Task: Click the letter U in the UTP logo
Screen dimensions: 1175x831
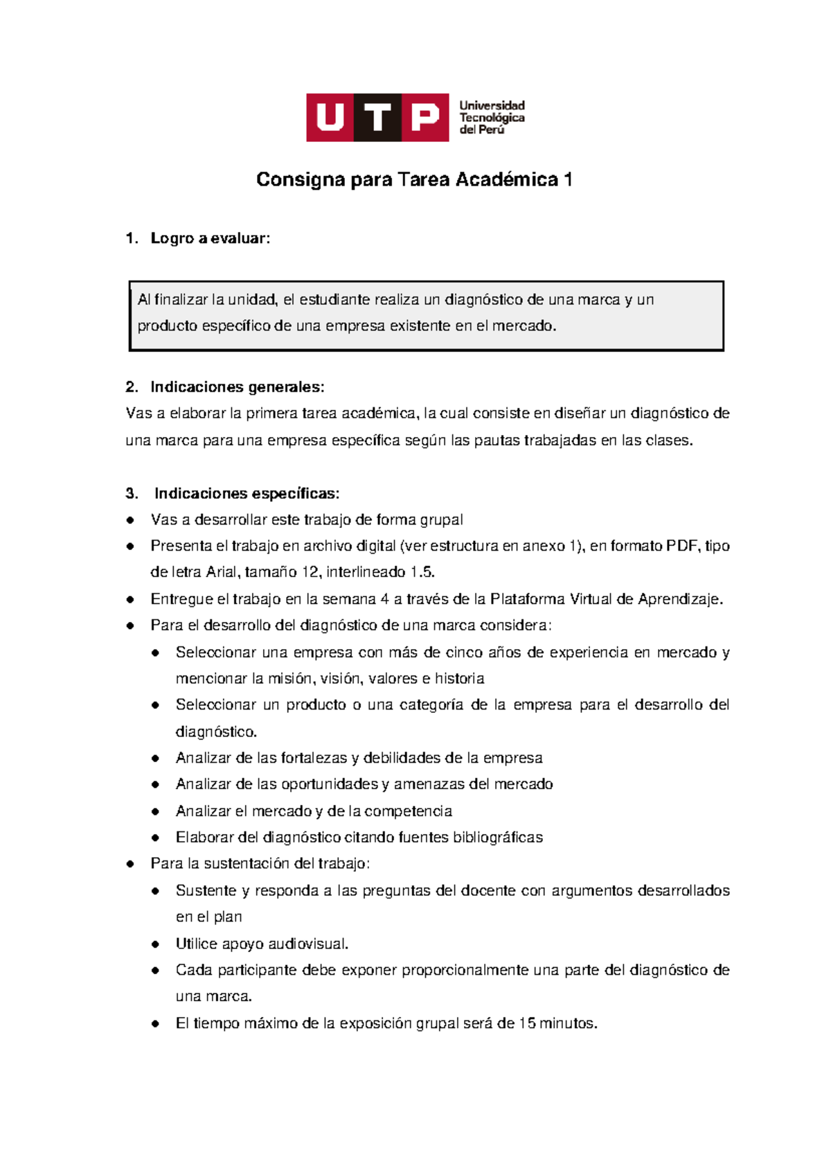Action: click(x=330, y=118)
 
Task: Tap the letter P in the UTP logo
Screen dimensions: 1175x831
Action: click(x=425, y=118)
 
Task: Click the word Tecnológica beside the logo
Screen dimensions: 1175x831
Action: click(x=492, y=118)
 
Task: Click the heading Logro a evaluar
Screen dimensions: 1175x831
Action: click(x=210, y=238)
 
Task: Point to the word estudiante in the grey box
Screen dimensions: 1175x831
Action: click(x=334, y=300)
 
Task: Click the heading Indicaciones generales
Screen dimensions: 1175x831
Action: click(x=237, y=387)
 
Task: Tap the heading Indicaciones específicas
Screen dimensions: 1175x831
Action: click(x=247, y=493)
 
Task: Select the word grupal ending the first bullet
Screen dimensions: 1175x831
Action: click(x=441, y=520)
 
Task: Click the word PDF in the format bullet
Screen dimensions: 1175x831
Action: click(x=681, y=546)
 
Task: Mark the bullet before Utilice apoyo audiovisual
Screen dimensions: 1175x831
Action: click(x=156, y=944)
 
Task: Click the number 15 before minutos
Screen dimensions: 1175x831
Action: click(x=526, y=1023)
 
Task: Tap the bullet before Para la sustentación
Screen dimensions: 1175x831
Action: click(x=130, y=864)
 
